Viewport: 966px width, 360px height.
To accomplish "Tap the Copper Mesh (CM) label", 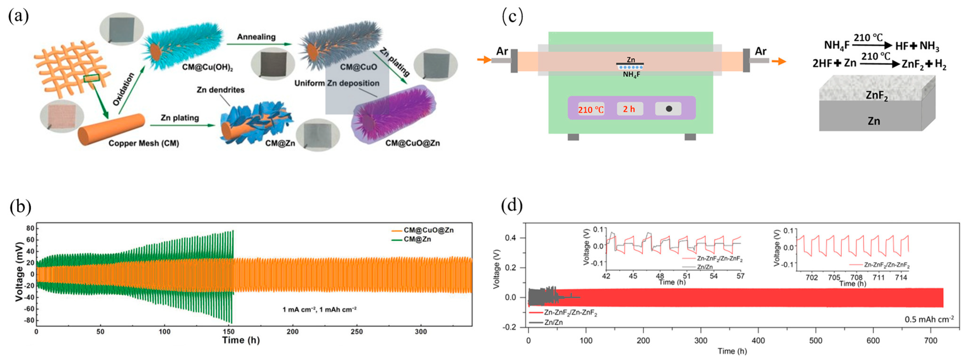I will pos(144,143).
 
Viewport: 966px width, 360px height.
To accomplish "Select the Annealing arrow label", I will pos(256,37).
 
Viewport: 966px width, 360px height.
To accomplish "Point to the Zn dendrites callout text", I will pos(220,90).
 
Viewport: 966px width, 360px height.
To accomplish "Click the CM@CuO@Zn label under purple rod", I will pos(412,143).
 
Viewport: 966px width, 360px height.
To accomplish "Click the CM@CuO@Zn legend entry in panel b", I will pos(428,230).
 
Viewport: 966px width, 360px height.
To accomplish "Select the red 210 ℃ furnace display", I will pos(591,110).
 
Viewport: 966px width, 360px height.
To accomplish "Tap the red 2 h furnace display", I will pos(629,109).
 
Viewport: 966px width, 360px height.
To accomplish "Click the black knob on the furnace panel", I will pos(669,109).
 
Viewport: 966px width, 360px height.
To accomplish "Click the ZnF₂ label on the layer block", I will pos(877,96).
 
